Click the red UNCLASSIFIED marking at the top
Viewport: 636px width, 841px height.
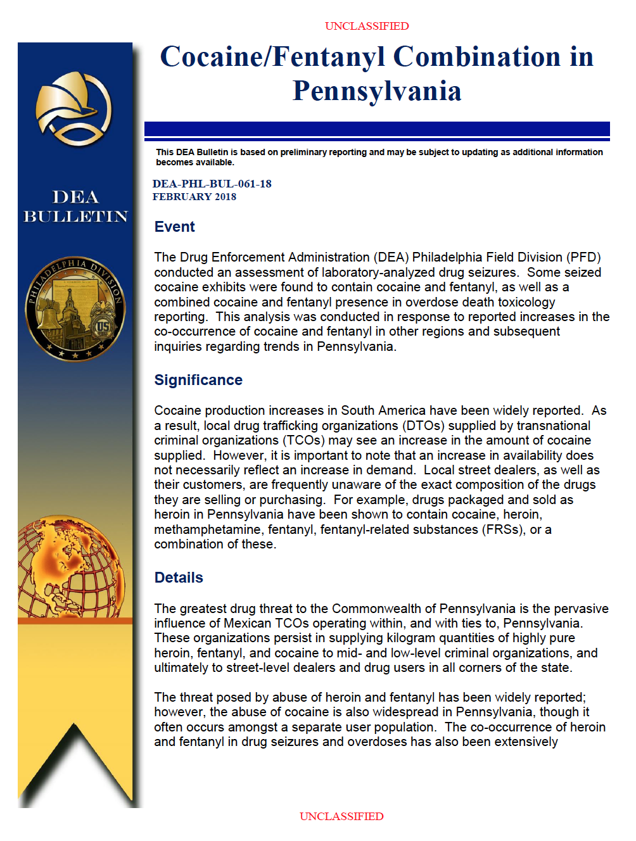[367, 26]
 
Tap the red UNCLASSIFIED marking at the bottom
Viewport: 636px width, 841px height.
[341, 816]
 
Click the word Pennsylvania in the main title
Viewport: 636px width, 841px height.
[377, 91]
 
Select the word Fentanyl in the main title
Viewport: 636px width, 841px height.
[329, 57]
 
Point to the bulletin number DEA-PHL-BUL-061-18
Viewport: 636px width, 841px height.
[212, 184]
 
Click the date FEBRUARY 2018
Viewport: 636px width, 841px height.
[194, 197]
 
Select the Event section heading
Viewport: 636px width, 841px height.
[174, 227]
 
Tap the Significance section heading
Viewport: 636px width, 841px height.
[198, 380]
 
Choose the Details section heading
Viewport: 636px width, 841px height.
[179, 578]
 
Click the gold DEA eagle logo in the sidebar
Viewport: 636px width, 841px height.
[74, 106]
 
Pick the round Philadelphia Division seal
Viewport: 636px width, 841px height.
[75, 309]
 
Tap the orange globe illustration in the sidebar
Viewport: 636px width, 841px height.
[70, 567]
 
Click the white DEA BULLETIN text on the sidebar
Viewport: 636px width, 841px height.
[75, 206]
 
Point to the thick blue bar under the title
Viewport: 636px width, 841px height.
[377, 129]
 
